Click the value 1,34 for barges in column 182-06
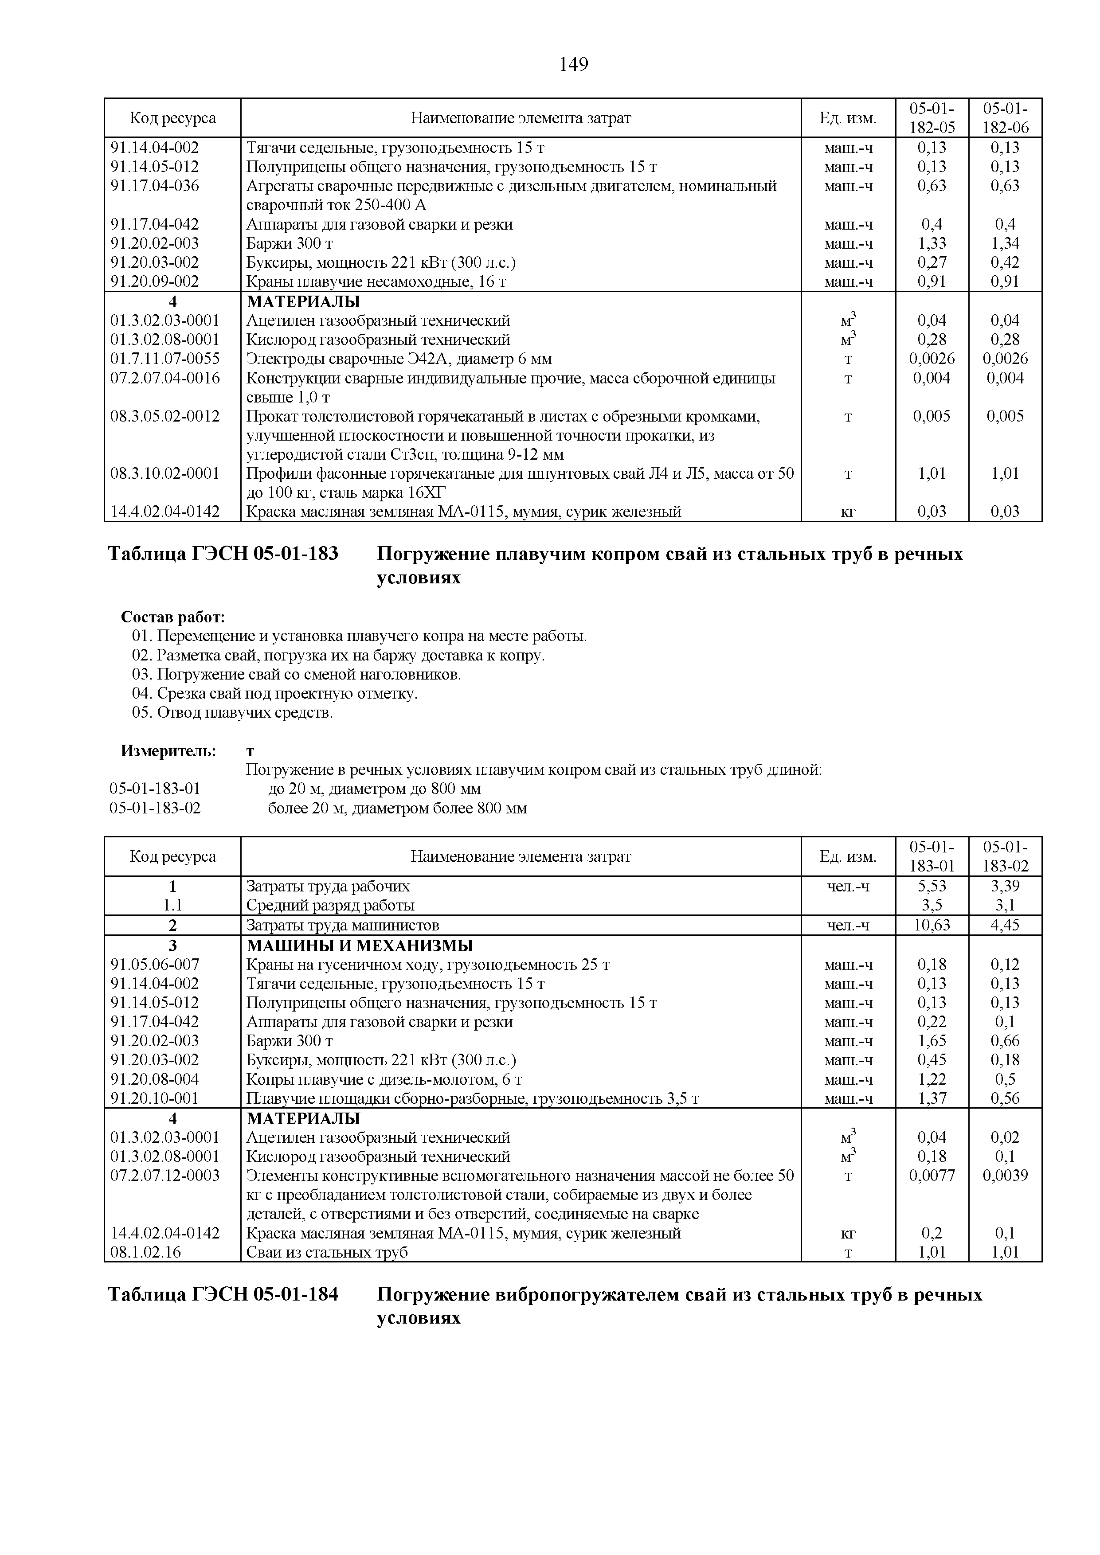(x=1005, y=243)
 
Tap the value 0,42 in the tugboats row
(x=1005, y=262)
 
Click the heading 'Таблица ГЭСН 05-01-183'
(x=223, y=554)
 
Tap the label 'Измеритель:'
(x=168, y=750)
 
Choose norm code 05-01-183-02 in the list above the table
(x=155, y=808)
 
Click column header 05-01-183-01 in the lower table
(x=932, y=856)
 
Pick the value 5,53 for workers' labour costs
(x=932, y=886)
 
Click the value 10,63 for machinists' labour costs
(x=932, y=925)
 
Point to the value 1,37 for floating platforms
(x=932, y=1098)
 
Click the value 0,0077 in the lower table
(x=932, y=1176)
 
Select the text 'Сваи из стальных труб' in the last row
(x=327, y=1252)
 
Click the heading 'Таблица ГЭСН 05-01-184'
(x=223, y=1294)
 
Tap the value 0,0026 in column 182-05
(x=932, y=358)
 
